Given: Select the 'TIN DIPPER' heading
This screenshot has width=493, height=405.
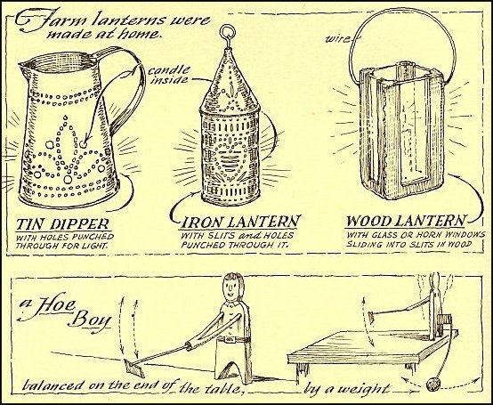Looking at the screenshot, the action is tap(63, 224).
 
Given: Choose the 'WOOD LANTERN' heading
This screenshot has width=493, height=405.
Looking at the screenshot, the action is tap(406, 221).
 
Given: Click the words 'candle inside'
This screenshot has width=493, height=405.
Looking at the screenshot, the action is tap(169, 75).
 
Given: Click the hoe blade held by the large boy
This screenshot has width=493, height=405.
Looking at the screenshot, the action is tap(134, 369).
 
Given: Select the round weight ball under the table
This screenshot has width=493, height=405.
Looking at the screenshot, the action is tap(433, 385).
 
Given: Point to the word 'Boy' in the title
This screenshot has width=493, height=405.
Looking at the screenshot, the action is tap(91, 320).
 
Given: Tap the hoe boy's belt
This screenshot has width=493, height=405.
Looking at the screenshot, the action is tap(233, 339).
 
